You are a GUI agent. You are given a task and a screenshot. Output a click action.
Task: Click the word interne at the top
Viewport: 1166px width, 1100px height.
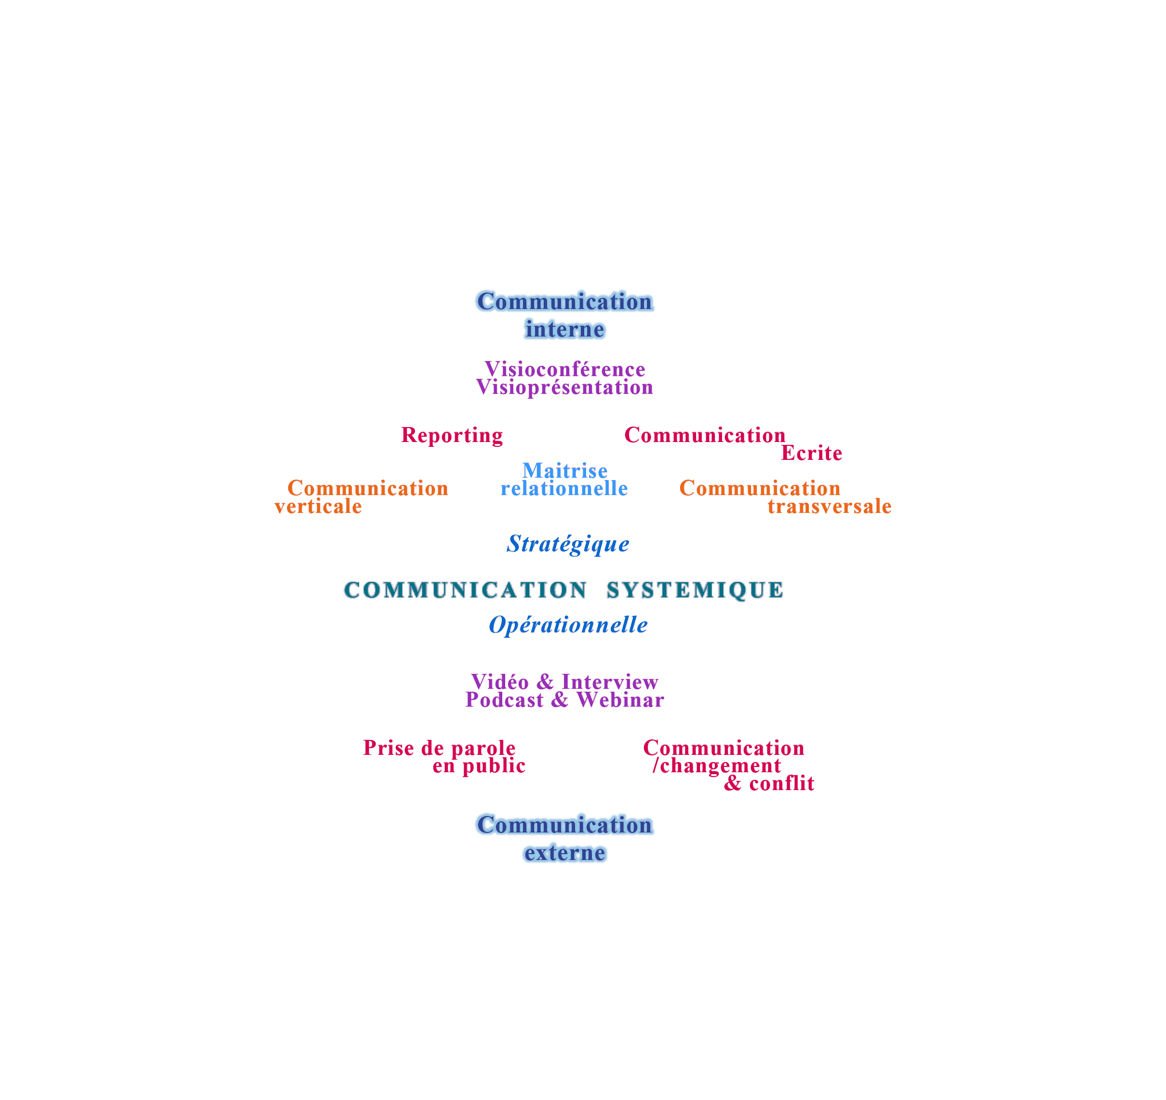point(565,330)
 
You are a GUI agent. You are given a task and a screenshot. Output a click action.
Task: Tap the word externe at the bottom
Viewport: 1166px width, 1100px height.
point(564,853)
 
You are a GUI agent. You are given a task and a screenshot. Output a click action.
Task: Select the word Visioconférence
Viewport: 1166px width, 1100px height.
point(565,370)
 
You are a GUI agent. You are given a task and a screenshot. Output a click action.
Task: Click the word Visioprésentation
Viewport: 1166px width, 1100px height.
point(565,388)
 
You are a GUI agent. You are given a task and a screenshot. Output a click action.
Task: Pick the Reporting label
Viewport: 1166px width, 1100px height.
point(452,435)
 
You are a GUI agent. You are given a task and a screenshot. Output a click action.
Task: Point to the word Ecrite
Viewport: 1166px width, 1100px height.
point(811,453)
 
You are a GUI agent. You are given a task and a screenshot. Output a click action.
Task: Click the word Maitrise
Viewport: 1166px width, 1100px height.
point(565,470)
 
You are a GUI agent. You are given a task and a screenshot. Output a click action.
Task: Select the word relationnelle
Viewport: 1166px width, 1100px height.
point(564,488)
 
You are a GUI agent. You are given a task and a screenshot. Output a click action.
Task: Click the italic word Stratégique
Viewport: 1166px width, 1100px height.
point(568,544)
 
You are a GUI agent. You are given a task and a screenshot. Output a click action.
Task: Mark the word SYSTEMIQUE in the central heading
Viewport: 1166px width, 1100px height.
point(695,590)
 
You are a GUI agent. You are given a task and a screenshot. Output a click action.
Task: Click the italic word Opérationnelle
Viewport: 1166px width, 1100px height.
point(568,625)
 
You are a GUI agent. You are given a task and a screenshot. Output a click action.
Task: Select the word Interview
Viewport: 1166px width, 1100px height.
point(609,682)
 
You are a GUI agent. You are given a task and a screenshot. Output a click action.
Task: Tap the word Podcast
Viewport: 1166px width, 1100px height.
point(504,700)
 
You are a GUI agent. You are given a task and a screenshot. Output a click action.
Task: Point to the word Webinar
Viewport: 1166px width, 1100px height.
point(620,700)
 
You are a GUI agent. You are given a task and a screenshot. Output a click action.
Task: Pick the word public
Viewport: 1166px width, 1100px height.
point(494,766)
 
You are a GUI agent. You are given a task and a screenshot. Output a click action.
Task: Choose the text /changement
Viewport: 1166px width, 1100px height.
point(717,765)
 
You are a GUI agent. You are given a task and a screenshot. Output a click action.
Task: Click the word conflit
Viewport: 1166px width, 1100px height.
point(781,784)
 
